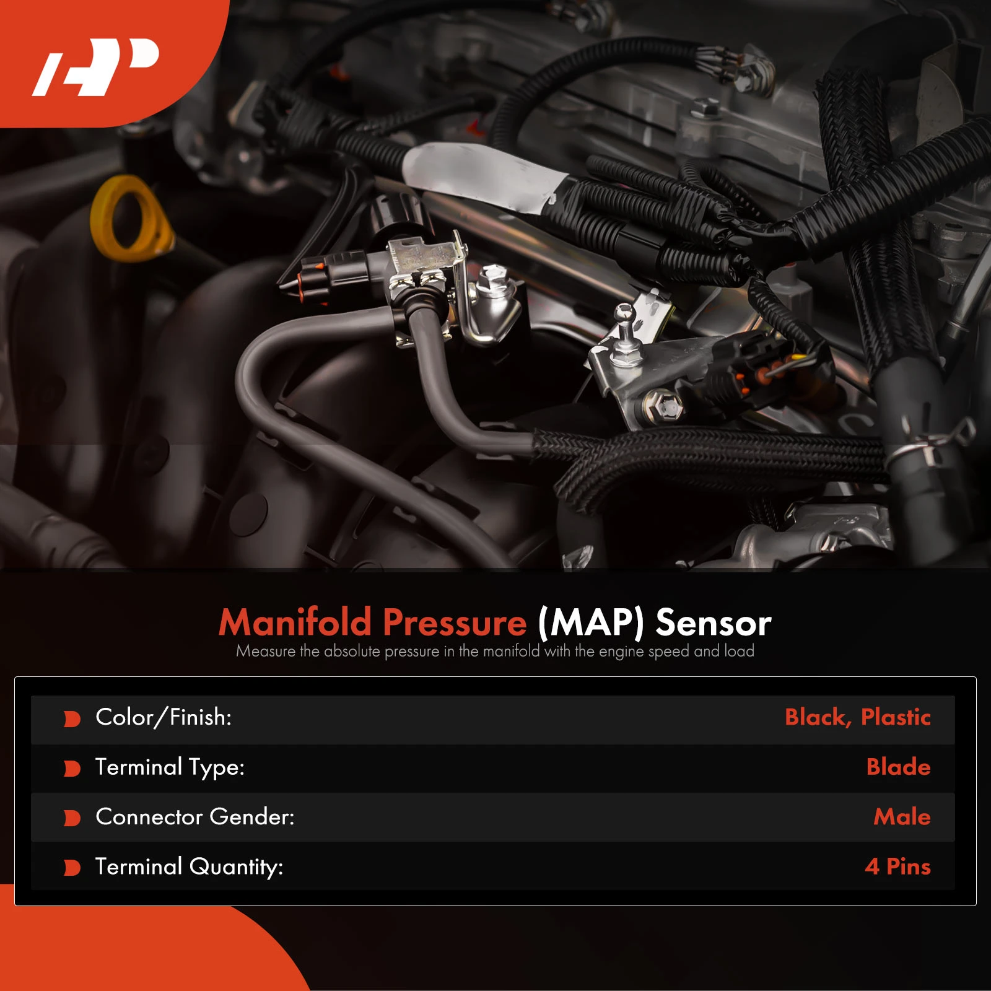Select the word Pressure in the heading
tap(455, 622)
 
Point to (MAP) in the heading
tap(591, 622)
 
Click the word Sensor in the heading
tap(714, 622)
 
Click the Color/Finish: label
tap(164, 717)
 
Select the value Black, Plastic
tap(857, 717)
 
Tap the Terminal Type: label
tap(170, 767)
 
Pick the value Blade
tap(898, 767)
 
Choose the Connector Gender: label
tap(195, 817)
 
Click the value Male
tap(902, 817)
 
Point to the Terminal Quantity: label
tap(189, 867)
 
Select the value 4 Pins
tap(897, 867)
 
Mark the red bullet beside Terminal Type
tap(72, 769)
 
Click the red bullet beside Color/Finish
tap(72, 719)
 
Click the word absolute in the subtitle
tap(352, 652)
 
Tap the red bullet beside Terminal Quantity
tap(72, 868)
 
